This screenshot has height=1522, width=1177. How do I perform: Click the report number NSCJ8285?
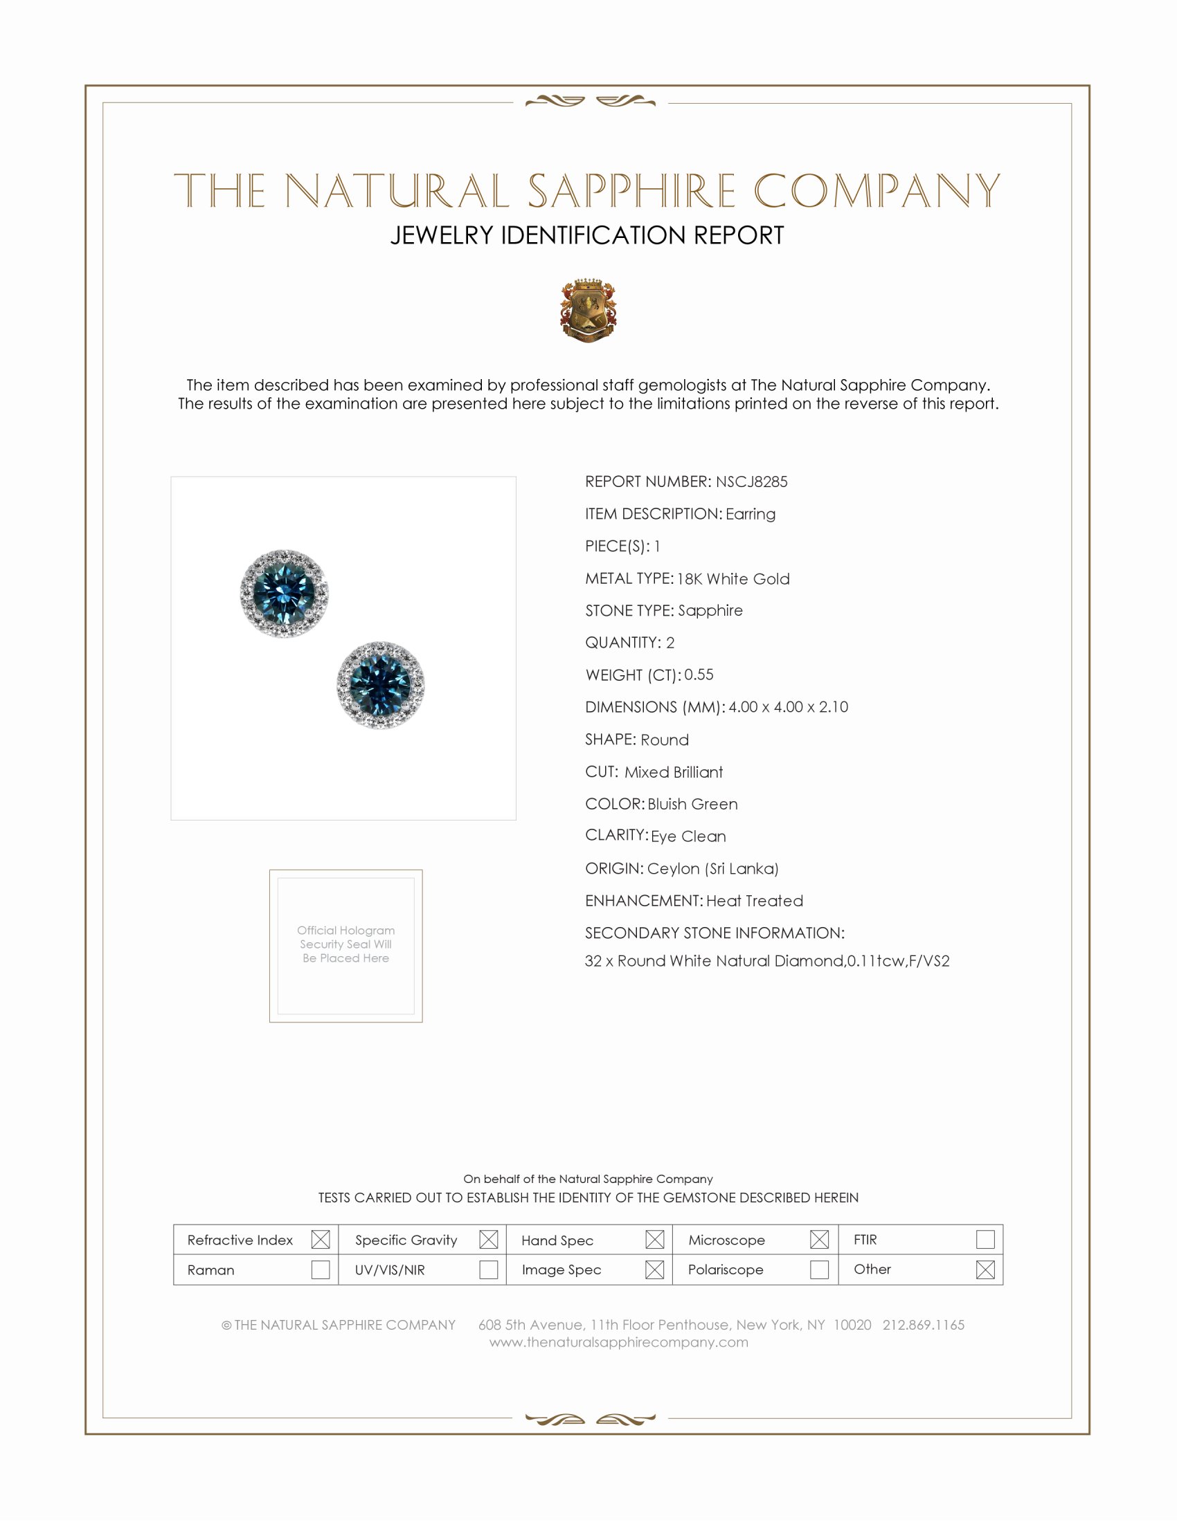(x=751, y=482)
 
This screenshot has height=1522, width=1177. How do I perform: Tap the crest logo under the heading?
(x=588, y=311)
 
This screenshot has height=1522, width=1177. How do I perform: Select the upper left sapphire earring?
(x=284, y=593)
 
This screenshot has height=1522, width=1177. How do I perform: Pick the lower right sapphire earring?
(x=380, y=685)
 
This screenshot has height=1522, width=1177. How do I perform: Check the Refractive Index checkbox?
(x=320, y=1240)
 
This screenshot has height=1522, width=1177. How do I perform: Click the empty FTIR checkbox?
(x=985, y=1240)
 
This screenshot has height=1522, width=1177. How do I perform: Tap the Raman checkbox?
(x=320, y=1269)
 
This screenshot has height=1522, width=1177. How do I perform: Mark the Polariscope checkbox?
(x=819, y=1269)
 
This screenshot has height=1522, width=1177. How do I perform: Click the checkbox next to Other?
(x=985, y=1269)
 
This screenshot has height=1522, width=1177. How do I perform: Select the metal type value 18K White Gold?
(x=733, y=578)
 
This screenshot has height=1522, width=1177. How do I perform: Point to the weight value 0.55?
(x=699, y=675)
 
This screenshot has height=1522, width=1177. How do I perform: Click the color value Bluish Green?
(x=692, y=803)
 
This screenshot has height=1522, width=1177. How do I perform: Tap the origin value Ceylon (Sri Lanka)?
(x=712, y=868)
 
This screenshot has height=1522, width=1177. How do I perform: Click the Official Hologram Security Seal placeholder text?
(x=346, y=944)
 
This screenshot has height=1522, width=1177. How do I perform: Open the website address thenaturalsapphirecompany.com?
(x=618, y=1342)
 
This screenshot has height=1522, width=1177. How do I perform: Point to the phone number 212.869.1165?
(x=923, y=1325)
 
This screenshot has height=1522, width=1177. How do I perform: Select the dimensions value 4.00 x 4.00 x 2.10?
(x=788, y=706)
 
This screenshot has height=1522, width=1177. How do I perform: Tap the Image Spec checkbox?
(x=654, y=1269)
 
